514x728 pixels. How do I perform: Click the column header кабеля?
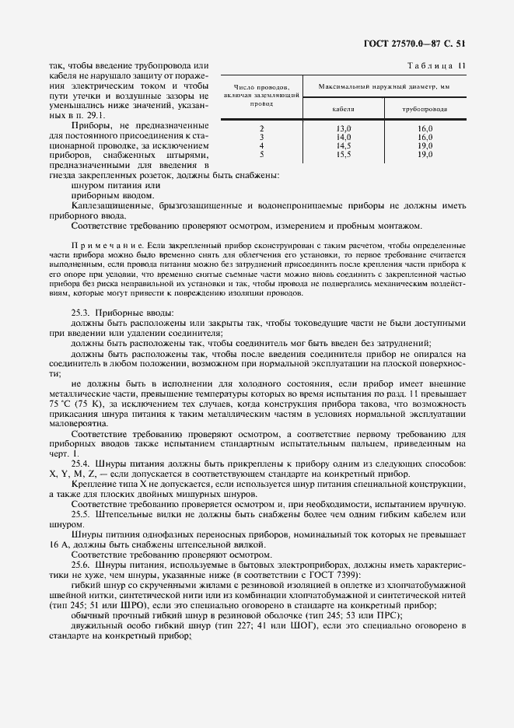point(344,110)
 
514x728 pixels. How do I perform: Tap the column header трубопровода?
point(424,110)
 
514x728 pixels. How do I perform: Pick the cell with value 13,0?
point(344,128)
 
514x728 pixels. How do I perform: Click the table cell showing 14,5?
point(344,145)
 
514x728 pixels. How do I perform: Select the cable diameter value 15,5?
point(344,155)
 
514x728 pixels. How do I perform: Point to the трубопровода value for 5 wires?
point(425,155)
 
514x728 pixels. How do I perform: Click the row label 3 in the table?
point(262,137)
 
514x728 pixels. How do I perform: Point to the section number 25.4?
point(80,464)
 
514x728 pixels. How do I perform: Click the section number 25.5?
point(80,514)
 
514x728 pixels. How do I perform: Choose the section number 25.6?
point(80,565)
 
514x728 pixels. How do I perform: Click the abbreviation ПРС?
point(372,615)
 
